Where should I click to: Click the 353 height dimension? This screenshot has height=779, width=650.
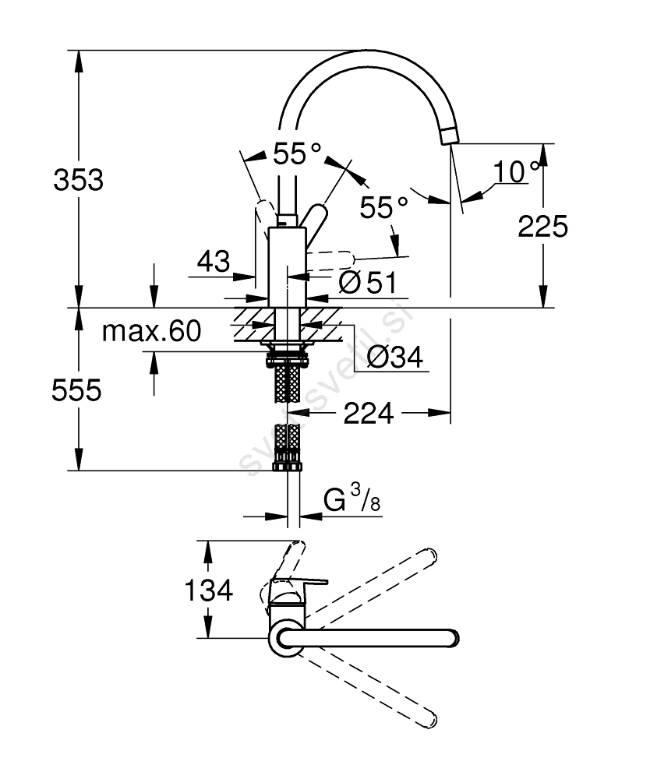(x=78, y=180)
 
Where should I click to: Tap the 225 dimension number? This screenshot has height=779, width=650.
(x=542, y=227)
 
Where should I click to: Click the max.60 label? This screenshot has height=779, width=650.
(x=151, y=332)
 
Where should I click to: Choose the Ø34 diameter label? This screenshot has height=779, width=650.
(x=394, y=358)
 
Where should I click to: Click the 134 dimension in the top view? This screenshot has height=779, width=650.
(x=208, y=590)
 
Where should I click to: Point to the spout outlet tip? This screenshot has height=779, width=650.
(x=450, y=137)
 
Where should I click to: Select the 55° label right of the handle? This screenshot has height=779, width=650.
(x=383, y=207)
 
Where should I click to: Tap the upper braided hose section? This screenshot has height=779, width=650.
(x=287, y=381)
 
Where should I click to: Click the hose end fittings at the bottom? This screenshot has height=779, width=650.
(x=287, y=466)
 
